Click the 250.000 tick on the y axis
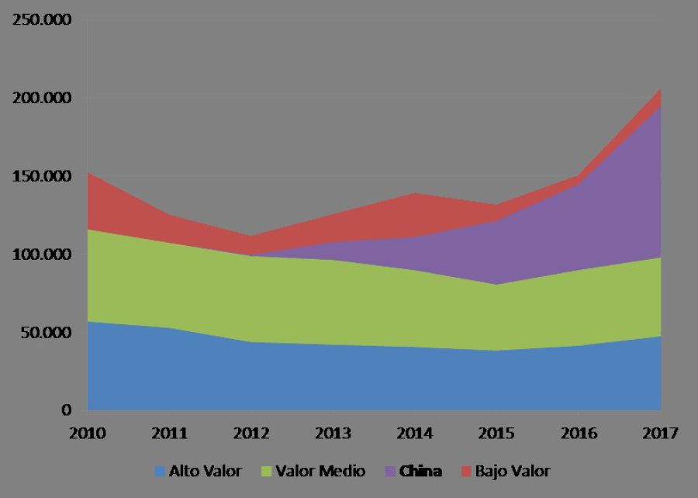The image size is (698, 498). (40, 20)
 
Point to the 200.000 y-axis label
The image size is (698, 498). (40, 99)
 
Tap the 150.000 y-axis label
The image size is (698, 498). (40, 176)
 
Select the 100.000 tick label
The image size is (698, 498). (40, 254)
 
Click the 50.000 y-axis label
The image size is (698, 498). (44, 333)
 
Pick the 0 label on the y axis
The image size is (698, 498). (67, 410)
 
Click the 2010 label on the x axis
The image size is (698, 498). (88, 434)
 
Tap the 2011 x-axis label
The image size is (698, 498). (170, 434)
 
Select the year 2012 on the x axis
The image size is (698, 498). (252, 434)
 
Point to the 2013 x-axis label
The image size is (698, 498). (333, 434)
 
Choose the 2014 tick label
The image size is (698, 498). (416, 434)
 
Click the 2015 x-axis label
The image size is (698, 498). (497, 434)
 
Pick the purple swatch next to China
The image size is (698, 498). (392, 471)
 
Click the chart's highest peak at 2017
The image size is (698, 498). (660, 90)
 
